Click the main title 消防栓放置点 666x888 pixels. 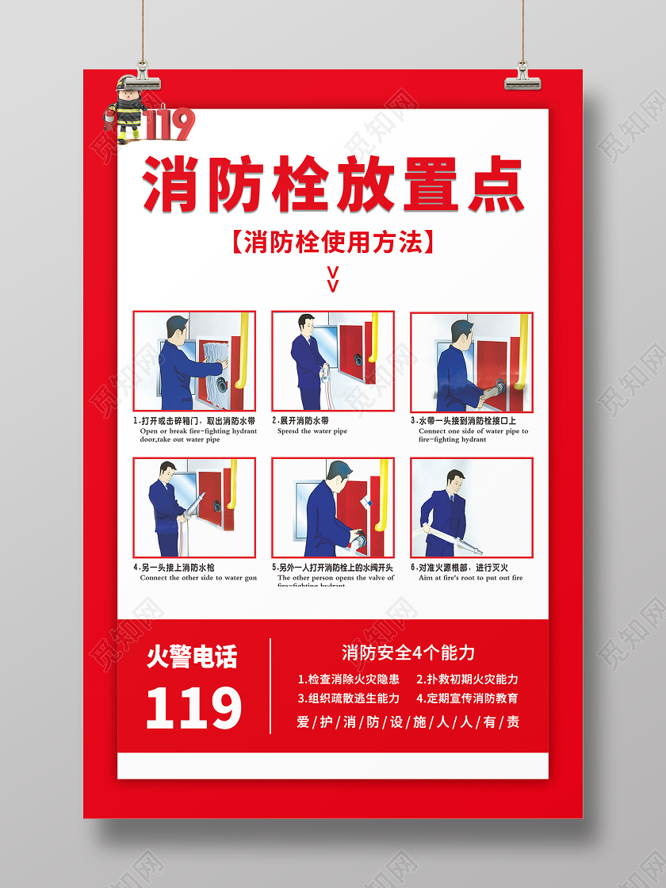click(x=333, y=186)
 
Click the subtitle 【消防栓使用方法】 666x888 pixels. click(x=333, y=242)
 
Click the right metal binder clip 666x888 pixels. click(x=522, y=75)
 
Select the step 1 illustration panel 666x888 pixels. click(x=194, y=362)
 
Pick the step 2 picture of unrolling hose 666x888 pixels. click(x=333, y=362)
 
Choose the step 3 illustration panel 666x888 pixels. click(x=472, y=362)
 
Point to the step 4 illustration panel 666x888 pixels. click(x=194, y=507)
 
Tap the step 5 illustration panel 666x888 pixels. click(x=333, y=507)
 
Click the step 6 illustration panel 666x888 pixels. click(x=472, y=507)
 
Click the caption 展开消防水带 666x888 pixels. click(x=304, y=421)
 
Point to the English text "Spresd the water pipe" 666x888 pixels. click(x=312, y=431)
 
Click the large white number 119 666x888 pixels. click(x=193, y=708)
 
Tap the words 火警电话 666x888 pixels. click(x=192, y=657)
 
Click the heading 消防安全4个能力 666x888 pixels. click(x=408, y=653)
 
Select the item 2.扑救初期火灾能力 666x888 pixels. click(x=468, y=679)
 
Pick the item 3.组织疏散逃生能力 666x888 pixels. click(x=349, y=699)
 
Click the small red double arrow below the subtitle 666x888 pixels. click(x=333, y=278)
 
